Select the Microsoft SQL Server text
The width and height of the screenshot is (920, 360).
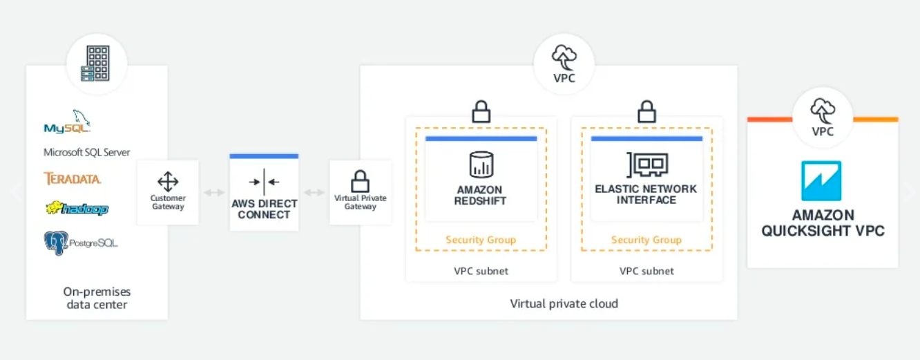[87, 152]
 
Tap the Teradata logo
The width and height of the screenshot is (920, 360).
[73, 178]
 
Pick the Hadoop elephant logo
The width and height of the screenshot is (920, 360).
[77, 207]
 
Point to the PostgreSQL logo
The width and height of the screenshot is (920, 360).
[79, 243]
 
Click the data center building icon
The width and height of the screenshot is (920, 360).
[97, 64]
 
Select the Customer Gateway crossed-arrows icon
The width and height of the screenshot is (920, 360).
[168, 182]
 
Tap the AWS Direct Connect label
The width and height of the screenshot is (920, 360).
[264, 209]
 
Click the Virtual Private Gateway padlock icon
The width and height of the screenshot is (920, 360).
[360, 182]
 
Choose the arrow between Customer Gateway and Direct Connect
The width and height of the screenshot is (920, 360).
[214, 192]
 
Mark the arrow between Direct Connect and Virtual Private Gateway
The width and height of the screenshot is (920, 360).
[314, 192]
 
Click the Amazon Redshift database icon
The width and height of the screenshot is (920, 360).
[481, 166]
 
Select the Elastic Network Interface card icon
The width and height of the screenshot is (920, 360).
[646, 165]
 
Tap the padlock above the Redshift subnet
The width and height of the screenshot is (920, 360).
[481, 111]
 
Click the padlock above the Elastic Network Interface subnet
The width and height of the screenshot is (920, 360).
[646, 111]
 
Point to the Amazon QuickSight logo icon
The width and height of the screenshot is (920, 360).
[821, 181]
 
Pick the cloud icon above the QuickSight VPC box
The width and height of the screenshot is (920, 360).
[823, 109]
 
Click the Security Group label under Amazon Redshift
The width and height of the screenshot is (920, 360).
[481, 240]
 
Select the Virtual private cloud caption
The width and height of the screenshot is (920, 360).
[564, 303]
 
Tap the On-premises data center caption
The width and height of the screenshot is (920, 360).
[97, 298]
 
